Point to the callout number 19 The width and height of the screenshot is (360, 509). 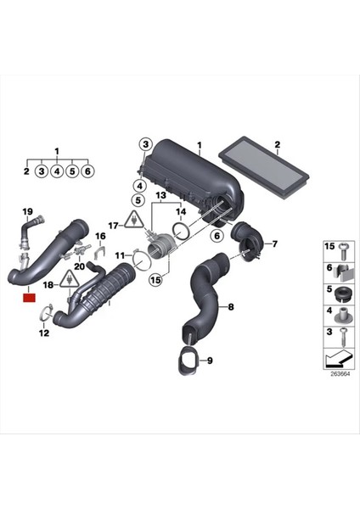pyautogui.click(x=27, y=211)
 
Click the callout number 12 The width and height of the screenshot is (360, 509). pyautogui.click(x=44, y=333)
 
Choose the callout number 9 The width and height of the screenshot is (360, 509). pyautogui.click(x=210, y=361)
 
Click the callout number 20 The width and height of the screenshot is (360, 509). pyautogui.click(x=79, y=266)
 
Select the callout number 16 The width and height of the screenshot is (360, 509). pyautogui.click(x=99, y=235)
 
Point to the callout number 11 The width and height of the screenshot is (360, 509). pyautogui.click(x=121, y=254)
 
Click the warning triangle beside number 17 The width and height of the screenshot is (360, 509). pyautogui.click(x=132, y=221)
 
